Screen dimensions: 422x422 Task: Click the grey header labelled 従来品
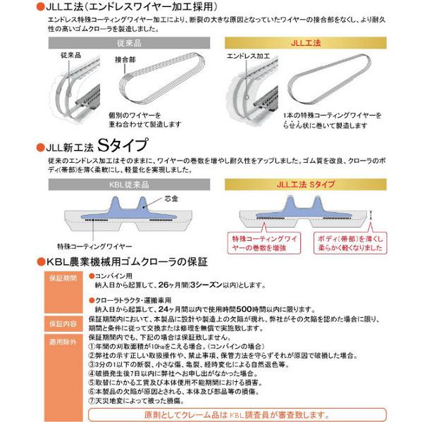(x=127, y=44)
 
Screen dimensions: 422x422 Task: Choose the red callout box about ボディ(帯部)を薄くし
(x=342, y=242)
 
